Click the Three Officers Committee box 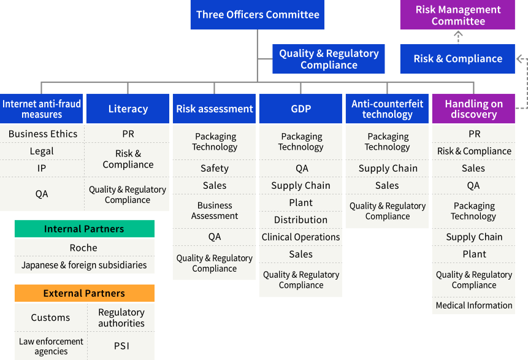(258, 15)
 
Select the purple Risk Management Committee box (457, 15)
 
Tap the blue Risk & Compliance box (457, 59)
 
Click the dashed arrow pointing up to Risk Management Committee (458, 37)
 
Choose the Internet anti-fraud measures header (42, 109)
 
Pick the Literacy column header (128, 109)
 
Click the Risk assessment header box (215, 109)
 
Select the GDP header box (300, 109)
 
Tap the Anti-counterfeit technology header (387, 109)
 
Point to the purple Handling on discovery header (473, 109)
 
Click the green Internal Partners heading (84, 229)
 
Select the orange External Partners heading (84, 293)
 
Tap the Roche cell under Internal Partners (84, 248)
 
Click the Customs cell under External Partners (50, 318)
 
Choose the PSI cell (121, 346)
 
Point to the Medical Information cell (473, 305)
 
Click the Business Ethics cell (43, 134)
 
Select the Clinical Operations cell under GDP (300, 237)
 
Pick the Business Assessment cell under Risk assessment (215, 210)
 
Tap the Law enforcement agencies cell (51, 347)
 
